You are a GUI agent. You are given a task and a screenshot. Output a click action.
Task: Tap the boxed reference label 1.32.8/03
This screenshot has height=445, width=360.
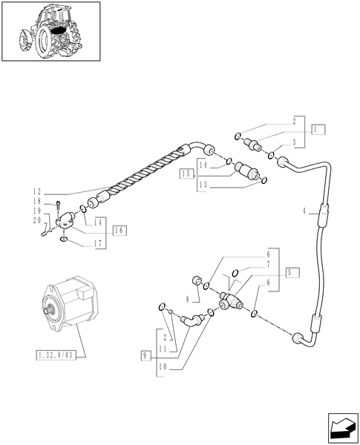pyautogui.click(x=56, y=355)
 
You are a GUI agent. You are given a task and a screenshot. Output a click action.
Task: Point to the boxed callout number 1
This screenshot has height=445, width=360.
pyautogui.click(x=318, y=129)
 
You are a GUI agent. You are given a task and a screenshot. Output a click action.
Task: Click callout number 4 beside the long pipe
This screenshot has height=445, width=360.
pyautogui.click(x=305, y=211)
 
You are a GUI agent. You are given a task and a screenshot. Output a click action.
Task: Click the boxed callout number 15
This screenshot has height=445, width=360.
pyautogui.click(x=186, y=174)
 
